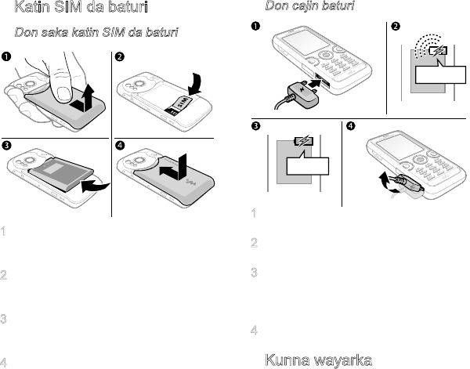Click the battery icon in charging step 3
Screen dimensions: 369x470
tap(304, 143)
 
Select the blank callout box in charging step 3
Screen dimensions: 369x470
tap(306, 167)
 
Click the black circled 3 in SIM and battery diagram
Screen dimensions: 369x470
tap(6, 145)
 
